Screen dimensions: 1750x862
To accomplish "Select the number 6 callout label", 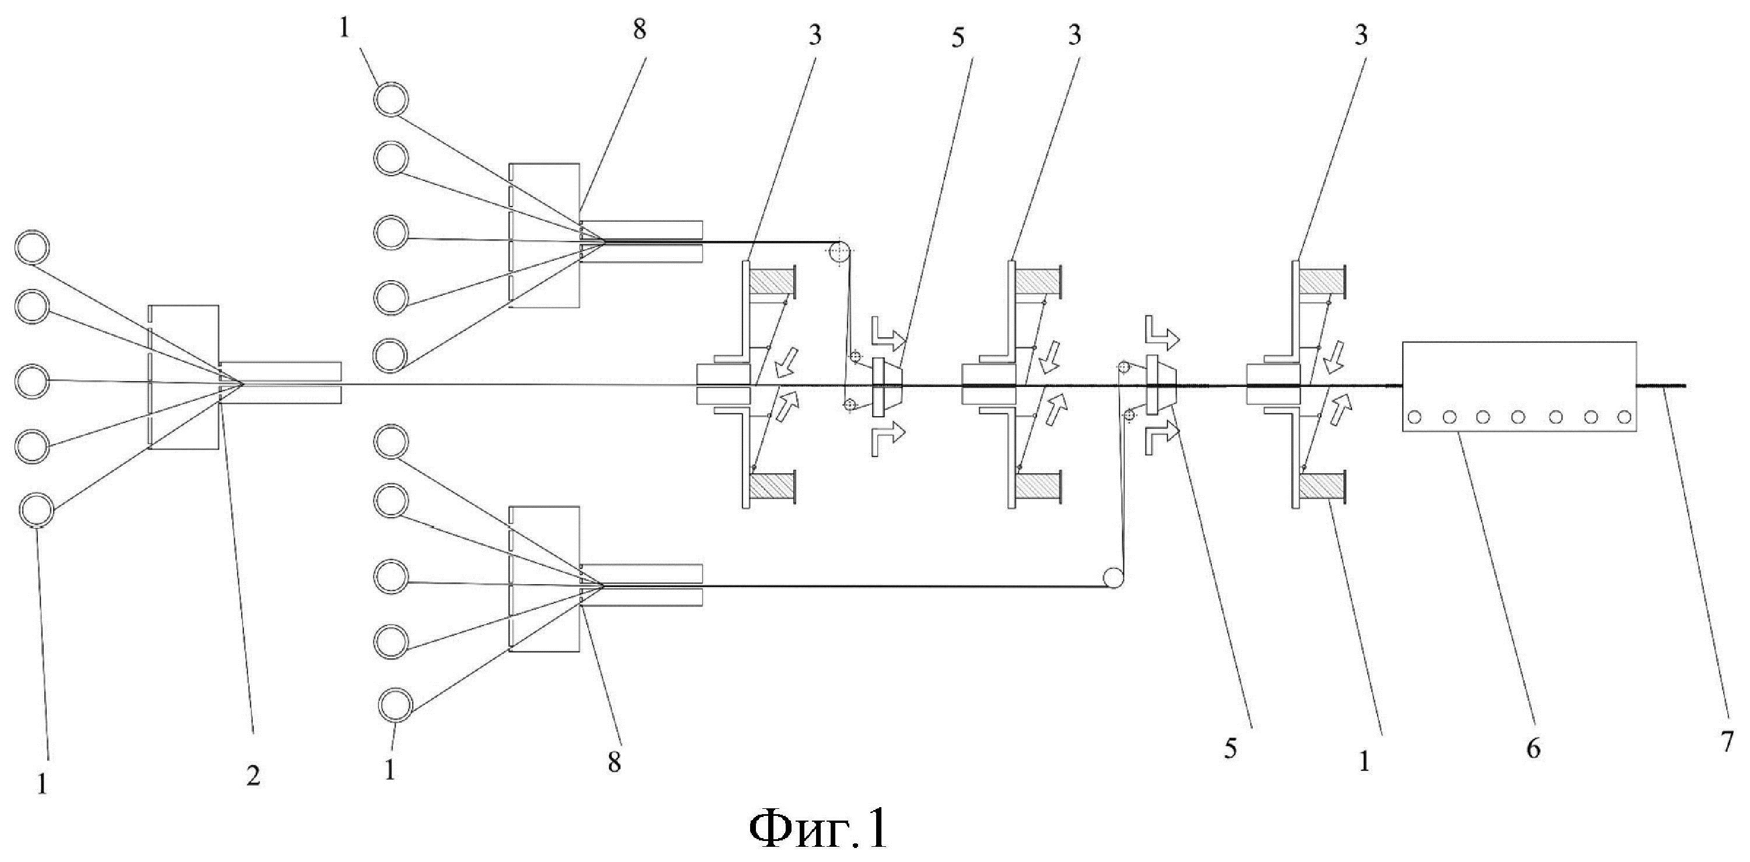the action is click(x=1533, y=749).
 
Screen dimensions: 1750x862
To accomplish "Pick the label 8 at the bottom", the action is click(x=614, y=763).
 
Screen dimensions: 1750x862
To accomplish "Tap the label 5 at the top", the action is click(x=958, y=38).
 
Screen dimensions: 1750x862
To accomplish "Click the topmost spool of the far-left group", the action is click(x=33, y=248).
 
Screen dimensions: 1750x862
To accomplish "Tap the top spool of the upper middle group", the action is click(x=391, y=99).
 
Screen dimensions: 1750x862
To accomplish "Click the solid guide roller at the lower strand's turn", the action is click(x=1114, y=579).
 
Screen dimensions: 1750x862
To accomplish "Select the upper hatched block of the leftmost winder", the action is click(x=772, y=281).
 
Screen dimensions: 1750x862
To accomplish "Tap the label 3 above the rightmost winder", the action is click(x=1361, y=36).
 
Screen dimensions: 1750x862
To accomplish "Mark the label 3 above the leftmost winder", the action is click(x=814, y=36).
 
